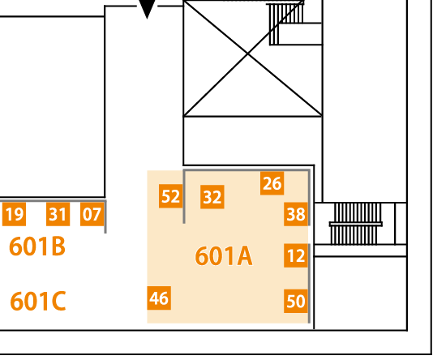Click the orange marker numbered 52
coord(170,196)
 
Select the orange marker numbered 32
coord(212,197)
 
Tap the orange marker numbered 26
coord(272,183)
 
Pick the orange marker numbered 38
coord(296,214)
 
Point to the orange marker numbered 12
coord(296,255)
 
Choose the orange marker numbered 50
coord(296,301)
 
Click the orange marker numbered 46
coord(159,298)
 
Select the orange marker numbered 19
coord(14,214)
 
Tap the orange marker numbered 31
coord(58,214)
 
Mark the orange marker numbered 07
coord(92,214)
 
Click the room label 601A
coord(224,256)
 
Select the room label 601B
coord(37,246)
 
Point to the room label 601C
coord(38,301)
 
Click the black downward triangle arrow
coord(148,8)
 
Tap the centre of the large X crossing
coord(247,54)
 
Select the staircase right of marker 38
coord(355,224)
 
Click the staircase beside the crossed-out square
coord(286,24)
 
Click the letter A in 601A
coord(242,256)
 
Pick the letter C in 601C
coord(58,301)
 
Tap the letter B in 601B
coord(58,246)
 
